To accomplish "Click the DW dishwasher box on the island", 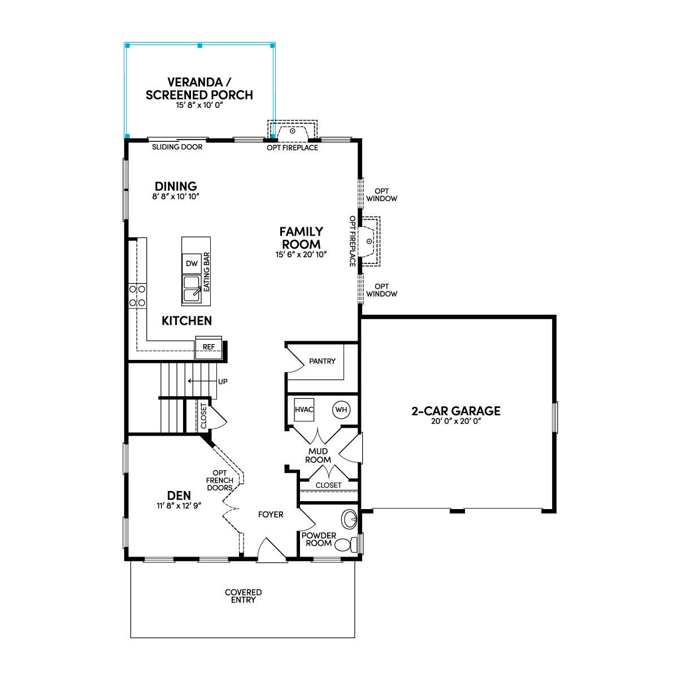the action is (192, 263).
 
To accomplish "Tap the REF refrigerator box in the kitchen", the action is (208, 347).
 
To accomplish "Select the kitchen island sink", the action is (192, 289).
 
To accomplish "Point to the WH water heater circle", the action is (341, 410).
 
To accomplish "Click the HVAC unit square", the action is (304, 410).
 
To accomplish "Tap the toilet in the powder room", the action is (346, 545).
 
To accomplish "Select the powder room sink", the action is (349, 519).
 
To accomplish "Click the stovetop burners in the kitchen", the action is (137, 296).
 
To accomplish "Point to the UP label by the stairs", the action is (223, 381).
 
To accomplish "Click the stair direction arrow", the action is (202, 381).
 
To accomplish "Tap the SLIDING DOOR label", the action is (177, 147).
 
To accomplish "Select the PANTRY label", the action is (322, 361).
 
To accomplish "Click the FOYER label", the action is (271, 515).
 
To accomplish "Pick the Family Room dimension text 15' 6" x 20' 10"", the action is (301, 254).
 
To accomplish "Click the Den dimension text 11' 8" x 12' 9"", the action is (179, 506).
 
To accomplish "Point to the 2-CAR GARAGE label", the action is (456, 411).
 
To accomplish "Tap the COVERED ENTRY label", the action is (243, 596).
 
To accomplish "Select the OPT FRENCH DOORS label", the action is (220, 480).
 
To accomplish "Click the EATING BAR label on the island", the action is (207, 272).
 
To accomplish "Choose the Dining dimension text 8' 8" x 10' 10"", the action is (176, 196).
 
